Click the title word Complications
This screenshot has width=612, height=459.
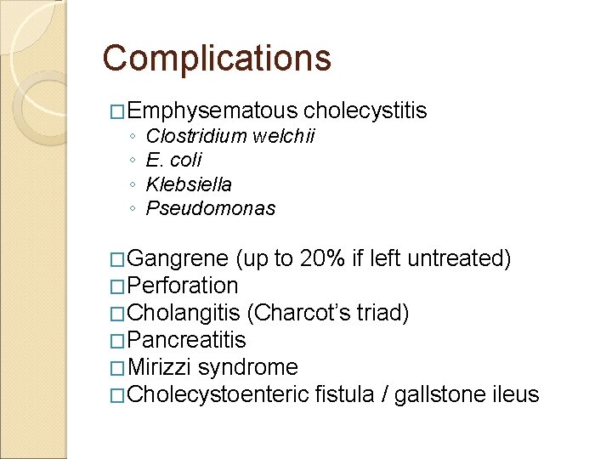[217, 58]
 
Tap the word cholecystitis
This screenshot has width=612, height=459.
[365, 110]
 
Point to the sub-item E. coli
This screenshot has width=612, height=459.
[174, 160]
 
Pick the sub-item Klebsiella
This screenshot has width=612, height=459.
[189, 184]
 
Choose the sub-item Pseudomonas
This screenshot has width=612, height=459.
[211, 208]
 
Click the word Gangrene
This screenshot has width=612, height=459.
[179, 258]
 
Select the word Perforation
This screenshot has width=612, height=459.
[185, 286]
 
